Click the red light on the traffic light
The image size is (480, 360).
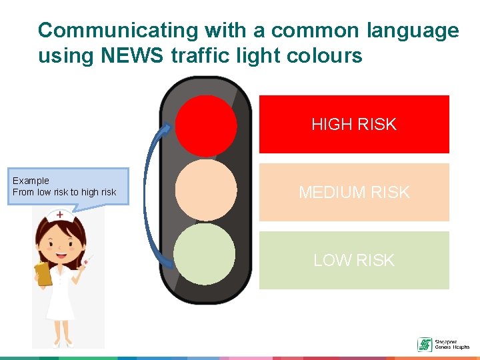click(x=206, y=125)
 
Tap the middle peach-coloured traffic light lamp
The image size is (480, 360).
click(x=206, y=189)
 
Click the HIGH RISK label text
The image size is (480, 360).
click(x=353, y=125)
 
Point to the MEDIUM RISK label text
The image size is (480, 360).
click(x=353, y=193)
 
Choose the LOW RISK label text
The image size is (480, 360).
click(x=353, y=260)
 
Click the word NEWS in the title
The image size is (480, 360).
click(x=130, y=55)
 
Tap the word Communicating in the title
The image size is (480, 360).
click(x=118, y=31)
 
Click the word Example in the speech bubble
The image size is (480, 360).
click(x=31, y=181)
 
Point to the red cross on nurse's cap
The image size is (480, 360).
click(x=60, y=215)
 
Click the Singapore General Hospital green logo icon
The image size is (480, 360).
click(x=424, y=345)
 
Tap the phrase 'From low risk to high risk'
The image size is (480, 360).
click(x=64, y=192)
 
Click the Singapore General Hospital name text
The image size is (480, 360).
click(x=451, y=345)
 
